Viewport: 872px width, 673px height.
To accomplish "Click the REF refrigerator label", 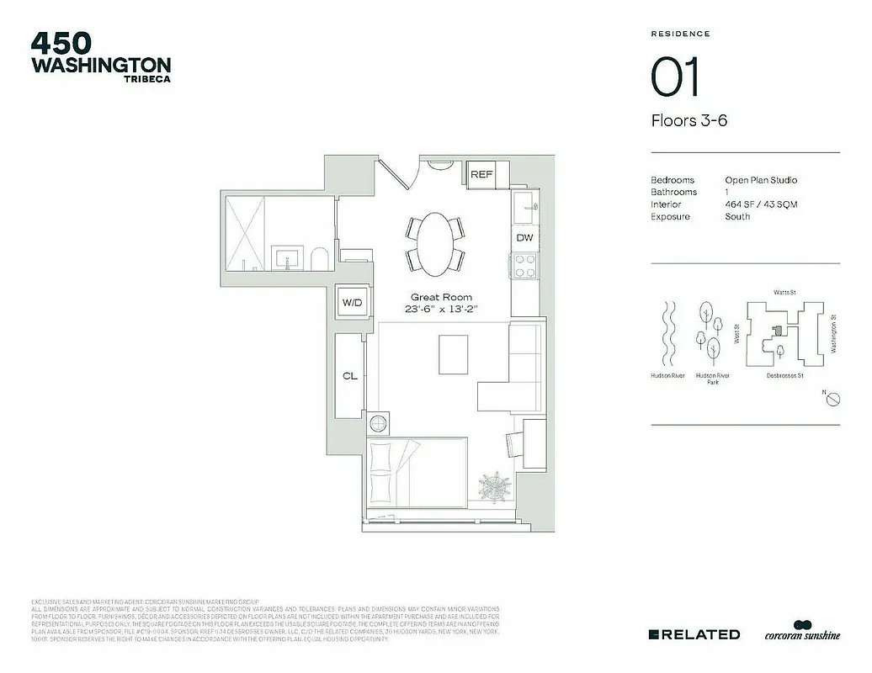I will point(481,175).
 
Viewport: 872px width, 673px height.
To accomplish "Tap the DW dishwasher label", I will point(524,238).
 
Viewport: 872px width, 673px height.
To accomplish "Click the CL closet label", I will point(349,376).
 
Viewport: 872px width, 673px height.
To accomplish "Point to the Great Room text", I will point(441,297).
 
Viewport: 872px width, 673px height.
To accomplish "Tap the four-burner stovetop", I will point(524,267).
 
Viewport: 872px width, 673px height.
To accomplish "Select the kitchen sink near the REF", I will point(524,202).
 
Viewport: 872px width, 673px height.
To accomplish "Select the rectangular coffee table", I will point(454,355).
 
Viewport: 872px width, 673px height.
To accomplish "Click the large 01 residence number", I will point(675,78).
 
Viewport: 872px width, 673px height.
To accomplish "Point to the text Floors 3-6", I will point(689,120).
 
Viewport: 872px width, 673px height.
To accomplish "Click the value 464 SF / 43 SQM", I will point(761,204).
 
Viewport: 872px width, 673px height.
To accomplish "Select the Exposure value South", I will point(737,217).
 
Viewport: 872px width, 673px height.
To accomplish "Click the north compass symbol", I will point(830,399).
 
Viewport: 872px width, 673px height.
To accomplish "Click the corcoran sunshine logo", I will point(802,633).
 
